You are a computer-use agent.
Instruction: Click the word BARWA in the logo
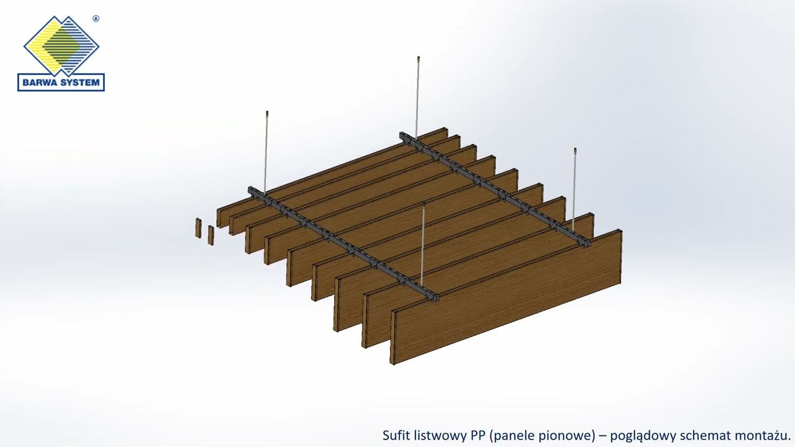(39, 83)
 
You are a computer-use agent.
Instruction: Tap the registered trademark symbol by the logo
(96, 19)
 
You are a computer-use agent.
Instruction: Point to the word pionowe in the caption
(570, 436)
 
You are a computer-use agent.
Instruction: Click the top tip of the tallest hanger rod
(419, 56)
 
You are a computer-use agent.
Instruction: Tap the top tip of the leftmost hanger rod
(267, 112)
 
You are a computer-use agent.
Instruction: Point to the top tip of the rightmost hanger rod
(575, 148)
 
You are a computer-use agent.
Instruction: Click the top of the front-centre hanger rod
(424, 204)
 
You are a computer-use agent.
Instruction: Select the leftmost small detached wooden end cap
(198, 228)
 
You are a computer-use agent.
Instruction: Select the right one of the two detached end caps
(211, 235)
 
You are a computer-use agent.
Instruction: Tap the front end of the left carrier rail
(436, 299)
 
